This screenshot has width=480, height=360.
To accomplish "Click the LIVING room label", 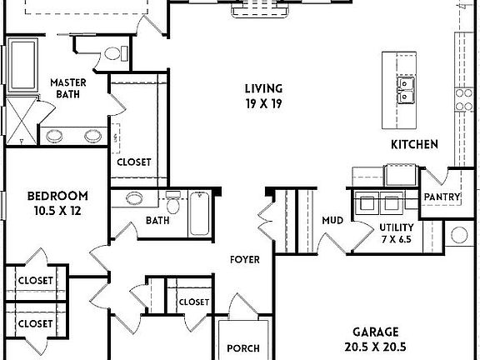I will [263, 89].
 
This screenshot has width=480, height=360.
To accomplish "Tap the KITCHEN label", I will [414, 145].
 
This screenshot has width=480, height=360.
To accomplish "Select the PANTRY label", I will [442, 197].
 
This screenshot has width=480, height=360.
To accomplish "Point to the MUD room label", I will [333, 221].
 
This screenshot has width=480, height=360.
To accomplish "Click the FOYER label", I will [245, 260].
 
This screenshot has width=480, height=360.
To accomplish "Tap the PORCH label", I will [242, 348].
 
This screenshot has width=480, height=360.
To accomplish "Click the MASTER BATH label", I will [69, 89].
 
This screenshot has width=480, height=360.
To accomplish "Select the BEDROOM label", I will [58, 197].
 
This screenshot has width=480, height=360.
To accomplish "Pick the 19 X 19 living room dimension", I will [263, 104].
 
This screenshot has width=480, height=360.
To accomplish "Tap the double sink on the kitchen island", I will [405, 91].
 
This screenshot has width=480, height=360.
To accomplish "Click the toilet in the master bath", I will [113, 53].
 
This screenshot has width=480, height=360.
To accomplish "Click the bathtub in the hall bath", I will [200, 214].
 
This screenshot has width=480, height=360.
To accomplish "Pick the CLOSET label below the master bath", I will [133, 162].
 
